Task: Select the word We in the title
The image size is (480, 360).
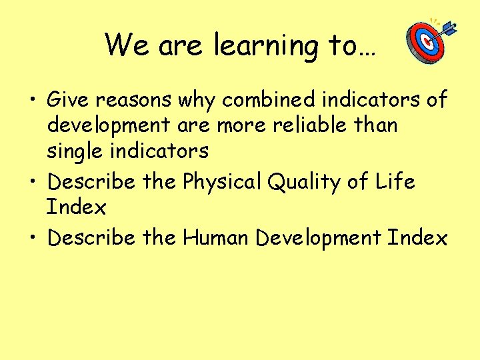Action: click(x=127, y=45)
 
